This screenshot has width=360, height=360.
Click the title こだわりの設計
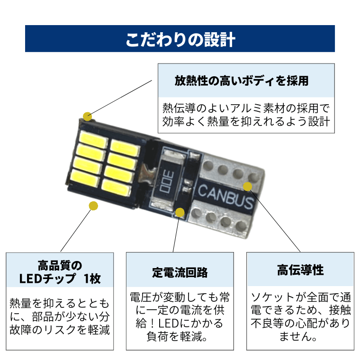point(180,39)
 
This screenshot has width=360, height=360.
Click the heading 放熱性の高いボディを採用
point(241,81)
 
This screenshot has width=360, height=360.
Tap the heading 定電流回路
point(180,273)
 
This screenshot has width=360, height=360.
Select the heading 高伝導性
point(300,270)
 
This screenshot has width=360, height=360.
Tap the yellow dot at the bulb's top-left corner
point(87,116)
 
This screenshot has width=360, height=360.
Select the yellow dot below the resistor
point(180,212)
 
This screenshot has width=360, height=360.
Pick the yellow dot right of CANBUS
point(247,186)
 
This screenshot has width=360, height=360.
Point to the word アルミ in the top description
point(247,106)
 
